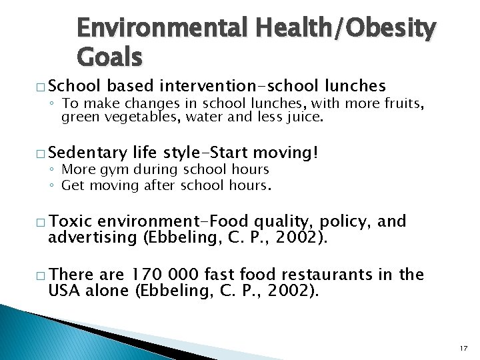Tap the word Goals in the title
click(110, 58)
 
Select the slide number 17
click(464, 347)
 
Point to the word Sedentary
click(87, 153)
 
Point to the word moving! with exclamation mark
click(291, 153)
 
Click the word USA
click(64, 291)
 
